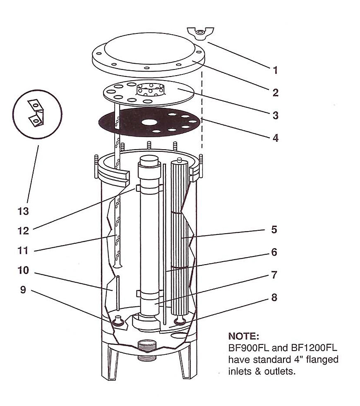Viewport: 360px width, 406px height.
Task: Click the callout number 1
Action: click(x=275, y=70)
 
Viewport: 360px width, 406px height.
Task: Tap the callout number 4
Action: click(x=275, y=138)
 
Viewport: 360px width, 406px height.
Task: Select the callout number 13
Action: click(x=23, y=211)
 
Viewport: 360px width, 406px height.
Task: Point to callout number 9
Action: click(x=23, y=289)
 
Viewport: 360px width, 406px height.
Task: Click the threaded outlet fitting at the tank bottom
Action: click(x=146, y=351)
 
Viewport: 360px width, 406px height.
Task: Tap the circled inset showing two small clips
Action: click(x=37, y=115)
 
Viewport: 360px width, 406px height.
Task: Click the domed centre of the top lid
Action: click(x=149, y=49)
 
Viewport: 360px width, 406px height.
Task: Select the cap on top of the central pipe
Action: click(x=149, y=160)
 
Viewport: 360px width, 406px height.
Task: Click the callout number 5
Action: click(x=274, y=229)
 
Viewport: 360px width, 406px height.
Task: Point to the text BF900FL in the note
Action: click(x=248, y=347)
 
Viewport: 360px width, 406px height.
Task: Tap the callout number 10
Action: click(x=23, y=270)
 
